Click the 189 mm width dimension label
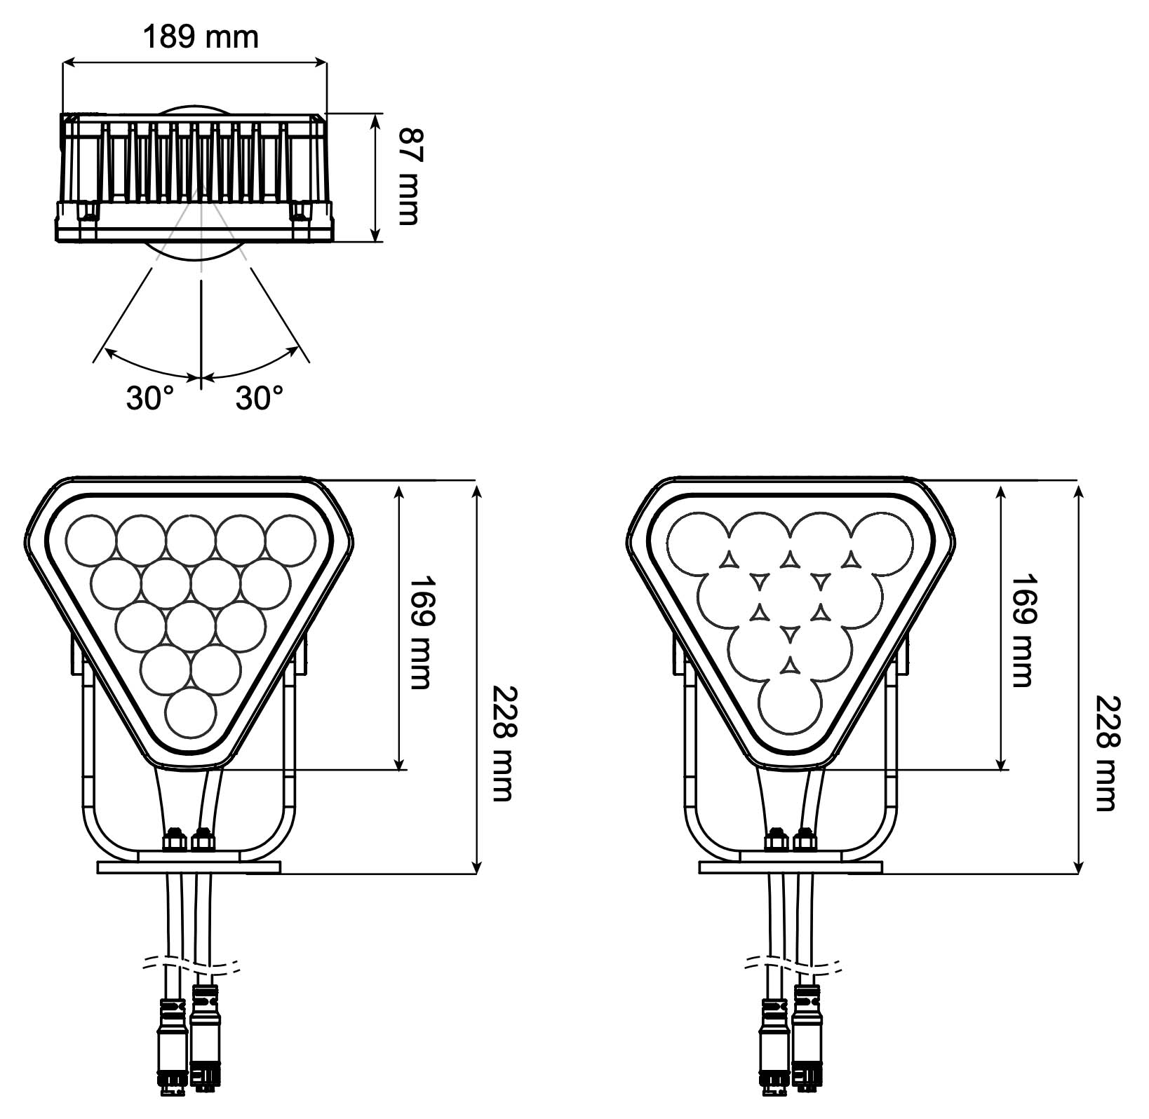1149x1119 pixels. [x=201, y=36]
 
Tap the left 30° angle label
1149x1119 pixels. [x=150, y=398]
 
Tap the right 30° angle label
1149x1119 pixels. [x=260, y=398]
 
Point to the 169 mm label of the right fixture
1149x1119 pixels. [x=1021, y=630]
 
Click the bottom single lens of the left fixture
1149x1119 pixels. [x=191, y=712]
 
